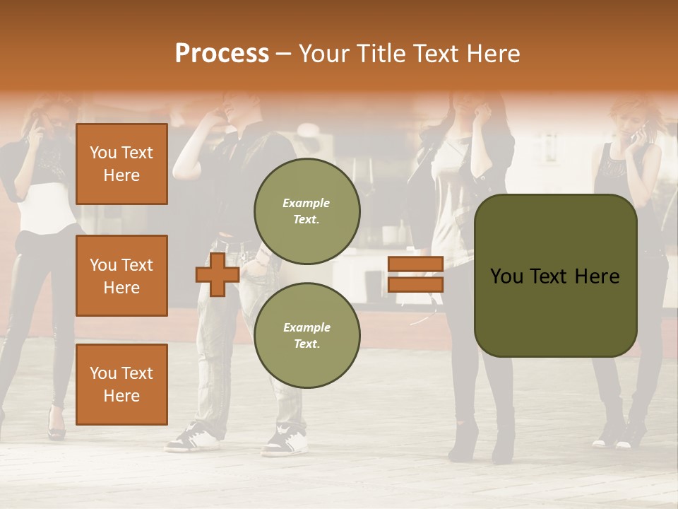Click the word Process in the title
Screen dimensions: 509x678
(x=222, y=54)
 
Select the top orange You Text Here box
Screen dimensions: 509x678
(x=121, y=164)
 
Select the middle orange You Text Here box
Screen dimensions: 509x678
(x=121, y=276)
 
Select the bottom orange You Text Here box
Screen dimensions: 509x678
(x=121, y=384)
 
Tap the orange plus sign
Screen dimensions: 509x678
(x=218, y=274)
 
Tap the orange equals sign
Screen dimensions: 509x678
(x=415, y=274)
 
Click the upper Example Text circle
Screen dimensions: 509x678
(x=307, y=211)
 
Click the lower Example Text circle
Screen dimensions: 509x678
(x=307, y=335)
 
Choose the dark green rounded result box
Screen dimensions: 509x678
(x=555, y=276)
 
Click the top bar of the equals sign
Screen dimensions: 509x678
(x=415, y=264)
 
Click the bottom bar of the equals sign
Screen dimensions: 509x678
(x=415, y=284)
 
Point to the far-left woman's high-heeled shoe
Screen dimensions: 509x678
(x=56, y=428)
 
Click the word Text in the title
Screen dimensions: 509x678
(x=435, y=54)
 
